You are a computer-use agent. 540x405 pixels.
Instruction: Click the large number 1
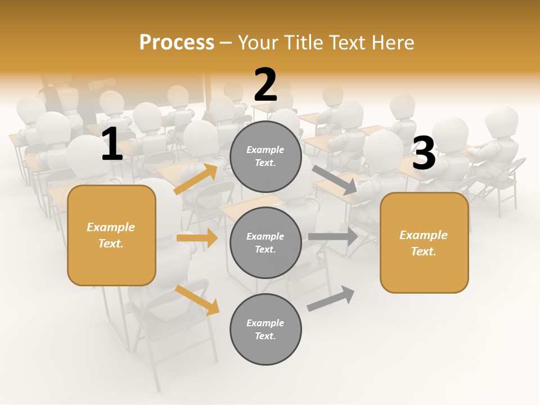(x=112, y=145)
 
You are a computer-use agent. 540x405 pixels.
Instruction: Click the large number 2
(x=265, y=85)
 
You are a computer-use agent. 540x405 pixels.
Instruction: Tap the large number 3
(x=424, y=154)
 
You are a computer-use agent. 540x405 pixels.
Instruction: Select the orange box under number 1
(x=111, y=235)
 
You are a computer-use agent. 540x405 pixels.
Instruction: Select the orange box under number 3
(x=424, y=242)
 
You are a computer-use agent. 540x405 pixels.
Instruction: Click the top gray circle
(x=265, y=156)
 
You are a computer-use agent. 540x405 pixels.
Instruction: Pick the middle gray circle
(x=265, y=242)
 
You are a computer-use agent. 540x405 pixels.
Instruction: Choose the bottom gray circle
(x=265, y=329)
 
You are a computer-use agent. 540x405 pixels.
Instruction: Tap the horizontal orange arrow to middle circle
(x=197, y=238)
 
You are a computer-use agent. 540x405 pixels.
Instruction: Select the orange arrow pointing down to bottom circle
(x=197, y=300)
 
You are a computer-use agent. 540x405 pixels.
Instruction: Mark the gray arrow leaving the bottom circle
(x=331, y=298)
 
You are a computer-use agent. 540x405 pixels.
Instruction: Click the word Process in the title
(x=177, y=42)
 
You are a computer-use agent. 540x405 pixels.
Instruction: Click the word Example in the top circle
(x=265, y=150)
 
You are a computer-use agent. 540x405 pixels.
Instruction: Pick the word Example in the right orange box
(x=424, y=235)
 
